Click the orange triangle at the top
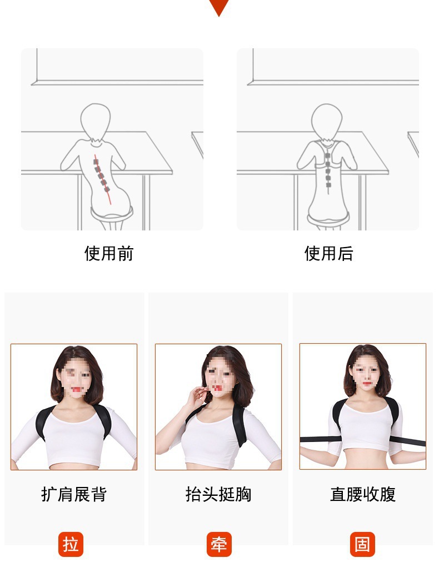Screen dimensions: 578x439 [x=219, y=7]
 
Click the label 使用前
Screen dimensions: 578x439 [x=109, y=254]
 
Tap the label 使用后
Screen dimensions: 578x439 [x=328, y=254]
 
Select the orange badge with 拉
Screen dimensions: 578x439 [x=71, y=544]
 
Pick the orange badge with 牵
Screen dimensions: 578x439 [x=219, y=544]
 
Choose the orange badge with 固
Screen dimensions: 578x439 [x=362, y=544]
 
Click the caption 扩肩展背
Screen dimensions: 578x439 [x=74, y=494]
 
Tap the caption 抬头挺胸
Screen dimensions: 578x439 [x=218, y=494]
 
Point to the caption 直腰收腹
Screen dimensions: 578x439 [x=363, y=494]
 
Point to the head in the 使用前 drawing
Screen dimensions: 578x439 [x=96, y=119]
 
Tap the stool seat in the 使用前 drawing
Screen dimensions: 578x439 [x=112, y=212]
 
